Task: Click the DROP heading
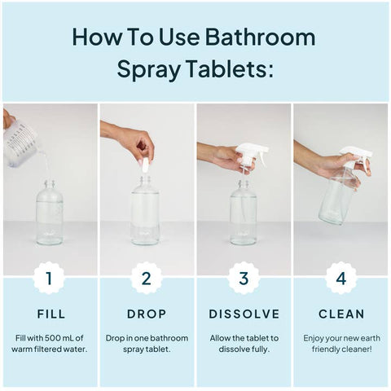pos(147,314)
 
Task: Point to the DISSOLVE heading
pos(244,314)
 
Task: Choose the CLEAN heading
pos(342,314)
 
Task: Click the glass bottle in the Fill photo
pos(50,216)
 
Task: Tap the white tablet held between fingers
pos(145,165)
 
